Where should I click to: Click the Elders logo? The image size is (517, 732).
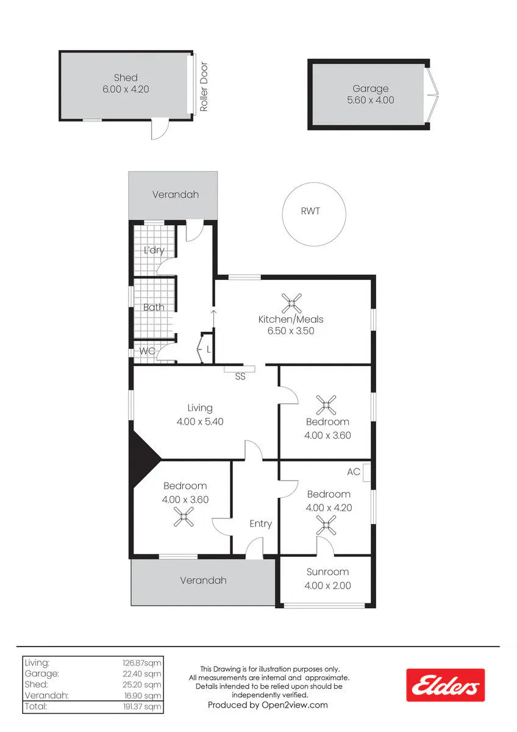[x=445, y=685]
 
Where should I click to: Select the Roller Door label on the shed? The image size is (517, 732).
[x=204, y=87]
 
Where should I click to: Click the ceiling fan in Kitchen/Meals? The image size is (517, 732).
[x=291, y=303]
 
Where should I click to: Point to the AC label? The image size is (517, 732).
[x=354, y=472]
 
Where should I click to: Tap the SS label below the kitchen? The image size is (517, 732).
[x=240, y=376]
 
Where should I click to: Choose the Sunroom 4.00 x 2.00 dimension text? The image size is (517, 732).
[x=327, y=585]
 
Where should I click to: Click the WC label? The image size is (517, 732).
[x=147, y=351]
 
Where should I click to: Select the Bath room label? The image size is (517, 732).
[x=154, y=307]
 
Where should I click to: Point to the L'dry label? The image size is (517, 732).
[x=154, y=250]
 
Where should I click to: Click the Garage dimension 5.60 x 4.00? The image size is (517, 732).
[x=370, y=100]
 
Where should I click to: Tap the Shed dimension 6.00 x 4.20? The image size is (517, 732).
[x=126, y=89]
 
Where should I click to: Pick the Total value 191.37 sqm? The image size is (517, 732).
[x=142, y=706]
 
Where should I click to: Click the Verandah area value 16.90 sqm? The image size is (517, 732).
[x=142, y=696]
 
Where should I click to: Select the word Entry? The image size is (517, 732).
[x=260, y=524]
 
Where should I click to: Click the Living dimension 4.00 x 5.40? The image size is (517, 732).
[x=200, y=422]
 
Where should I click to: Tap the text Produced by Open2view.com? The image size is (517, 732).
[x=268, y=705]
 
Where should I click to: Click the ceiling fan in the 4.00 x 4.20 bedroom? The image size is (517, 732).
[x=326, y=525]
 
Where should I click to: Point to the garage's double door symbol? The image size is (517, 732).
[x=433, y=95]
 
